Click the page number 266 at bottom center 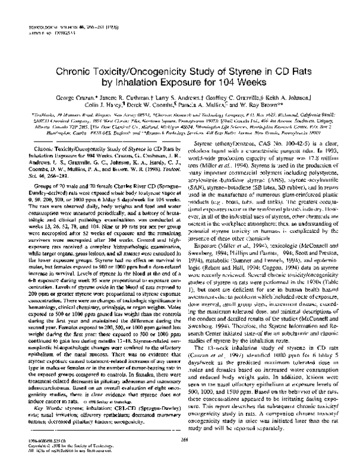(x=180, y=440)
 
